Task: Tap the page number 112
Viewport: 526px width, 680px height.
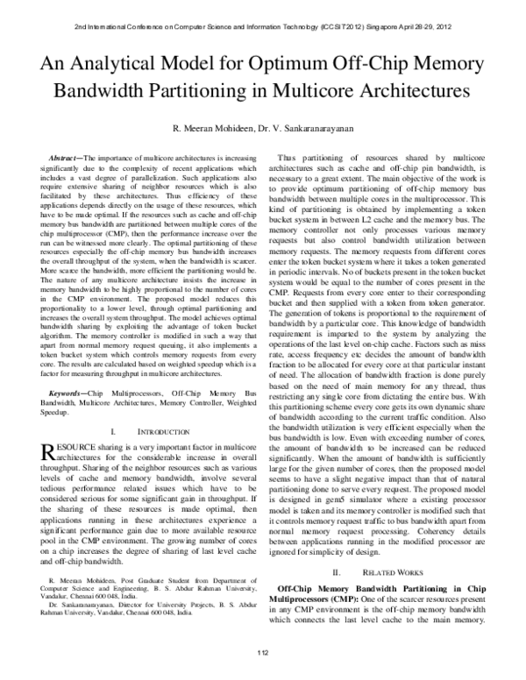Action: [x=262, y=654]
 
